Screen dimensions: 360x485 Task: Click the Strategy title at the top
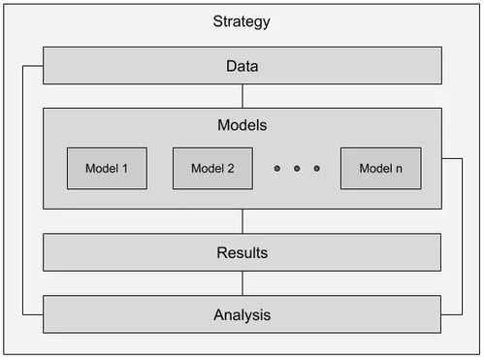coord(241,21)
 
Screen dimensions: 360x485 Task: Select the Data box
coord(145,66)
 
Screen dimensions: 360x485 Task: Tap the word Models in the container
coord(242,126)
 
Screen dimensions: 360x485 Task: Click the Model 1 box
coord(107,168)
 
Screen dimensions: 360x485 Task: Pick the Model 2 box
coord(212,168)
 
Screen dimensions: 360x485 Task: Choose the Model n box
coord(380,168)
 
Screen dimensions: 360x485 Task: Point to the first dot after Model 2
coord(276,169)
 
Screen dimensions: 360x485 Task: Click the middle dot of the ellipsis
coord(296,169)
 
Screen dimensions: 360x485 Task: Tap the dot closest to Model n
coord(315,169)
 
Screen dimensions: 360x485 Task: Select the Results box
coord(145,252)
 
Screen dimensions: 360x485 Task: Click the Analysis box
coord(145,314)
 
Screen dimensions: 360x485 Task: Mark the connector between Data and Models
coord(242,96)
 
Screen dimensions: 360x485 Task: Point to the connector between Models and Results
coord(242,221)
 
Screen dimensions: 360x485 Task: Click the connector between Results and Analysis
coord(242,283)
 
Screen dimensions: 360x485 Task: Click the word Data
coord(242,66)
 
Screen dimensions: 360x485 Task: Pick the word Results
coord(242,253)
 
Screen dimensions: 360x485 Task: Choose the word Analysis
coord(242,315)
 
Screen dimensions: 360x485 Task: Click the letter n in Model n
coord(399,169)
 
